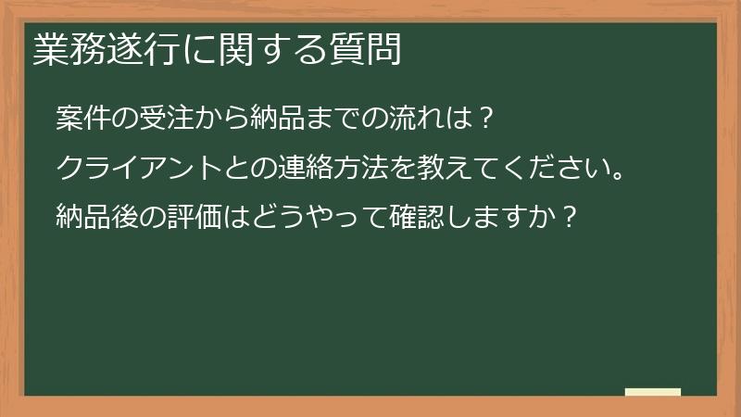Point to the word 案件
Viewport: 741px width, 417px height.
83,120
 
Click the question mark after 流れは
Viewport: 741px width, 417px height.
488,120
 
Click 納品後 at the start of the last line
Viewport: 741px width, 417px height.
97,220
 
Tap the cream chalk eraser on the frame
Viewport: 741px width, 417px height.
653,393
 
